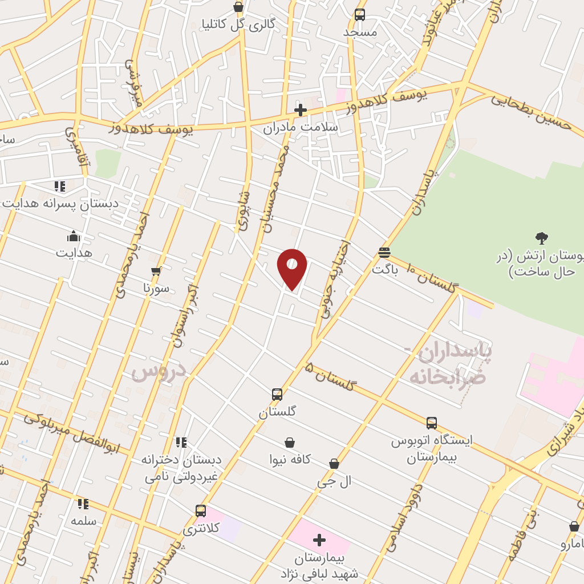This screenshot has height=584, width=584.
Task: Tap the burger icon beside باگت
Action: (x=384, y=252)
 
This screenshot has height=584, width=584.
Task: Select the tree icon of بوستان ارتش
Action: (x=541, y=238)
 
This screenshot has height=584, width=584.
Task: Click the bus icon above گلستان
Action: (x=277, y=394)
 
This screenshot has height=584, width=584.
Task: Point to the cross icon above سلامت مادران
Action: (x=301, y=110)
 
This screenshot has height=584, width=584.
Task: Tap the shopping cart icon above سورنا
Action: (x=156, y=271)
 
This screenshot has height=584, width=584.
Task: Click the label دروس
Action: (x=159, y=371)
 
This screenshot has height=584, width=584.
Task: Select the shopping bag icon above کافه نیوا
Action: (x=290, y=443)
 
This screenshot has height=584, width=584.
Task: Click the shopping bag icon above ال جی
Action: (x=334, y=464)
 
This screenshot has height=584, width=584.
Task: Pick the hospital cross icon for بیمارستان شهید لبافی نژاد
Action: (x=319, y=540)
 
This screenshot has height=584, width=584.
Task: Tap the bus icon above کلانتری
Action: (x=201, y=510)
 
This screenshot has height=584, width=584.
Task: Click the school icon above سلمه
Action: (x=83, y=504)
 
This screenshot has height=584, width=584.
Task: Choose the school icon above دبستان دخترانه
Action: (x=181, y=442)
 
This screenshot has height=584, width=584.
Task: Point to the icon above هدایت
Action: (x=74, y=236)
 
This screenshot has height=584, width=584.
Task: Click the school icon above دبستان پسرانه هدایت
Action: (x=60, y=186)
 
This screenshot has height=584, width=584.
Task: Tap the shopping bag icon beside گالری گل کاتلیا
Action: (x=238, y=7)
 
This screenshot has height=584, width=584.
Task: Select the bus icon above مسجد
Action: (x=360, y=15)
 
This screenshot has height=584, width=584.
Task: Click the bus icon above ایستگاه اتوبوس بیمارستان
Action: (x=432, y=423)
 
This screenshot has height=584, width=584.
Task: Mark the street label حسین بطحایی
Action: (x=532, y=112)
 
